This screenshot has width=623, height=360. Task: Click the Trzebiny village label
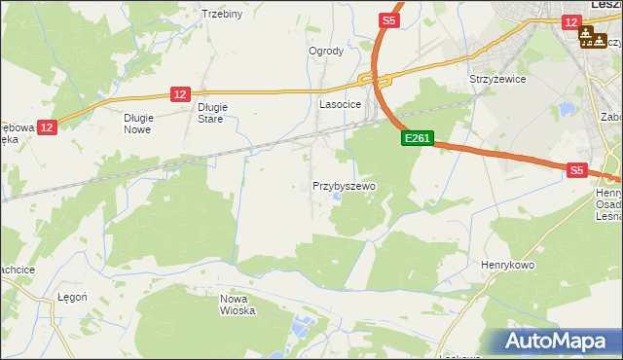pos(221,14)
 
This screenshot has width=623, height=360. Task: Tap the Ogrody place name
pos(326,52)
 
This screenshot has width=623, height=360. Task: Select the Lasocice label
pos(341,103)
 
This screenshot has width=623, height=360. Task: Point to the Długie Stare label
pos(211,114)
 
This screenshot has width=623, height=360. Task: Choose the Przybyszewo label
pos(344,185)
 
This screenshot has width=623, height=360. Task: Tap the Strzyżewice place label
pos(497,79)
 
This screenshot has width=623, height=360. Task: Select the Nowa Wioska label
pos(237,305)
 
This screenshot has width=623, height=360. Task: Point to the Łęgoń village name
pos(73,298)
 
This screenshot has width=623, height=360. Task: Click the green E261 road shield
pos(417,139)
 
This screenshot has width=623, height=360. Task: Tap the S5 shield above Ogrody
pos(389,19)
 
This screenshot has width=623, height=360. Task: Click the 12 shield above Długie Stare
pos(179,93)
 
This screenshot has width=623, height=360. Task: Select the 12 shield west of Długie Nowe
pos(48,126)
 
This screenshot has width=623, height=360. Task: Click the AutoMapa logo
pos(556,342)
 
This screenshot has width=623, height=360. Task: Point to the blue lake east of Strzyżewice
pos(564,107)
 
